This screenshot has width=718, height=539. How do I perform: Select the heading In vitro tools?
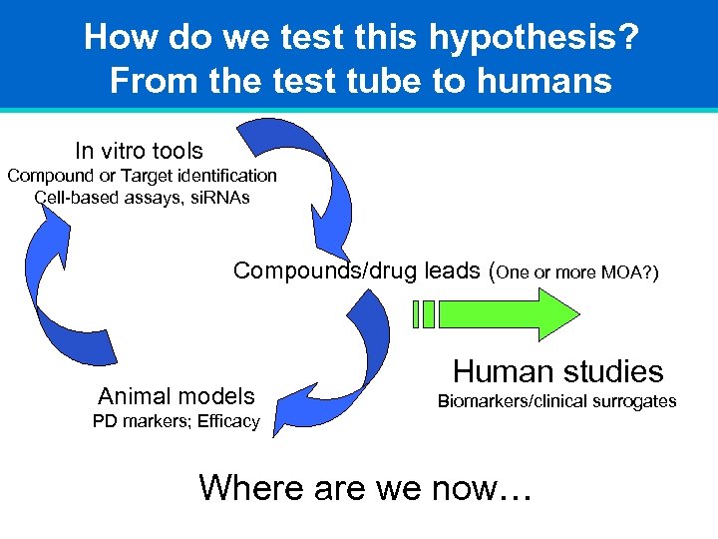[139, 151]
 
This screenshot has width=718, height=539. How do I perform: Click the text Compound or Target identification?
[143, 176]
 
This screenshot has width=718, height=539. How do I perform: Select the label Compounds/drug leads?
[356, 270]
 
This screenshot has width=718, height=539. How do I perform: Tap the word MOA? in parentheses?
[628, 272]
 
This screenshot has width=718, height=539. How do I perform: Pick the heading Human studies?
[557, 371]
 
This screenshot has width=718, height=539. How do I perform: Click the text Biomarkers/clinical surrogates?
[557, 401]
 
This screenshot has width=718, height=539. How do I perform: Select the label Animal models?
[177, 396]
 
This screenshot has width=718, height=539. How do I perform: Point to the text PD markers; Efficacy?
[177, 421]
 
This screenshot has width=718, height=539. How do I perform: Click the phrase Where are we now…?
[366, 487]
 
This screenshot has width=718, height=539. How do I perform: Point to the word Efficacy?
[228, 421]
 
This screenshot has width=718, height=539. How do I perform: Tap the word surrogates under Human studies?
[633, 401]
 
